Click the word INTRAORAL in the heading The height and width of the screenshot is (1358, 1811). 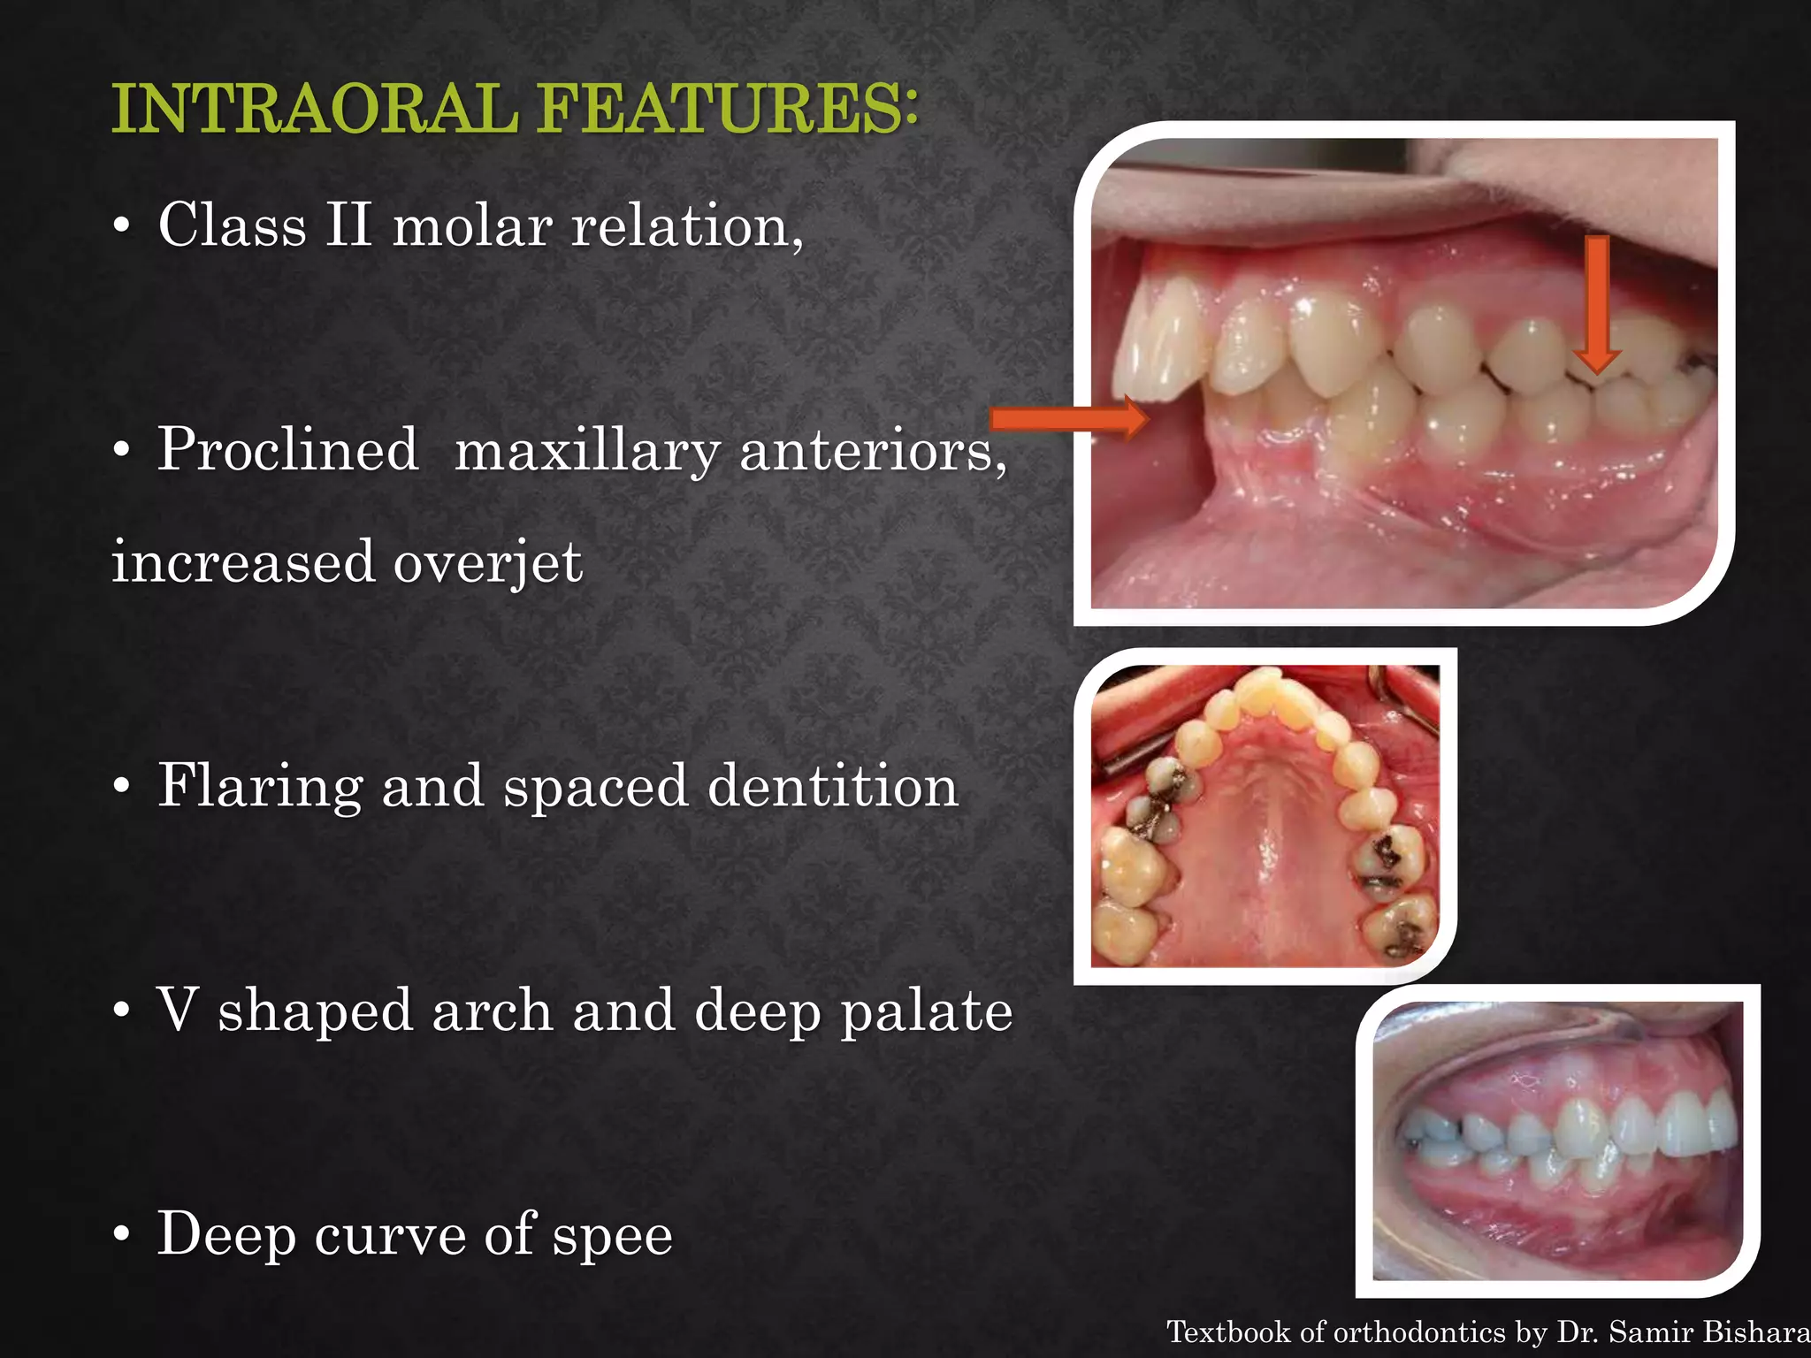point(314,109)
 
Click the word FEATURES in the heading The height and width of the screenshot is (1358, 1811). point(729,109)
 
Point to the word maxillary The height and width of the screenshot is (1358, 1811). point(586,451)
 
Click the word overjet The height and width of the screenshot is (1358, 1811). point(487,562)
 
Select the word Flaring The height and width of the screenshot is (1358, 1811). point(260,786)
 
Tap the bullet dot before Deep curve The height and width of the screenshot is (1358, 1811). point(122,1235)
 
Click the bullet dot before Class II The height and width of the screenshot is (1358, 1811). point(122,226)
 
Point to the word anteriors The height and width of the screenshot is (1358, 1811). point(872,451)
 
